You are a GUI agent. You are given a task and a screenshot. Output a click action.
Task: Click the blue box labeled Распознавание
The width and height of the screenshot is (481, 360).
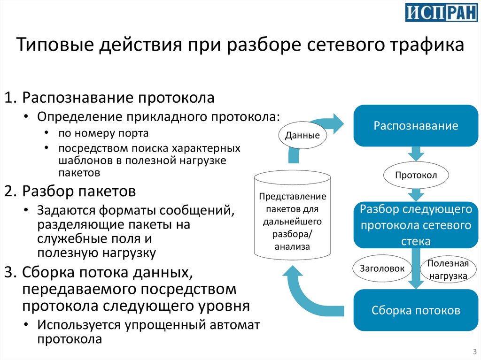click(416, 126)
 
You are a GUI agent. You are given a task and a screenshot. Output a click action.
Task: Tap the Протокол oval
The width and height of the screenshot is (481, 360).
click(416, 176)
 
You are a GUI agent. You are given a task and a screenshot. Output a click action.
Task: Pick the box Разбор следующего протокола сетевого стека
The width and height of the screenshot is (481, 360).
click(416, 225)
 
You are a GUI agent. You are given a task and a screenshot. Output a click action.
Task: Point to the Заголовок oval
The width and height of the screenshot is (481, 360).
click(382, 268)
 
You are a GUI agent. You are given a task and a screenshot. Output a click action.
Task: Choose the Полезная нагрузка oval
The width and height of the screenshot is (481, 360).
click(448, 269)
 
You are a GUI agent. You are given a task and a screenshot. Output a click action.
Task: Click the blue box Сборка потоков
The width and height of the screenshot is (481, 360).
click(416, 310)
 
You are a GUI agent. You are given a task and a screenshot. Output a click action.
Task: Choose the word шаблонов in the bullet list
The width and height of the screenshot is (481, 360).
click(80, 161)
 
